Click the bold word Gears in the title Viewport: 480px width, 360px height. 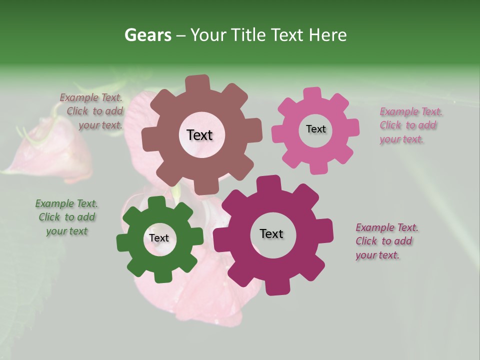pyautogui.click(x=147, y=35)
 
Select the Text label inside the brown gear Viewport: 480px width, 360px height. pyautogui.click(x=199, y=135)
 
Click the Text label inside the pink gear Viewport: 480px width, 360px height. pyautogui.click(x=315, y=129)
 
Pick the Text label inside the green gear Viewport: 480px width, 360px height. pyautogui.click(x=158, y=238)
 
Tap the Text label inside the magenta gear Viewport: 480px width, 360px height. pyautogui.click(x=271, y=234)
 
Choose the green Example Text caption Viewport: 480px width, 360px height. pyautogui.click(x=66, y=217)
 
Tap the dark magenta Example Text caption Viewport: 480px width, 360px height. pyautogui.click(x=386, y=241)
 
